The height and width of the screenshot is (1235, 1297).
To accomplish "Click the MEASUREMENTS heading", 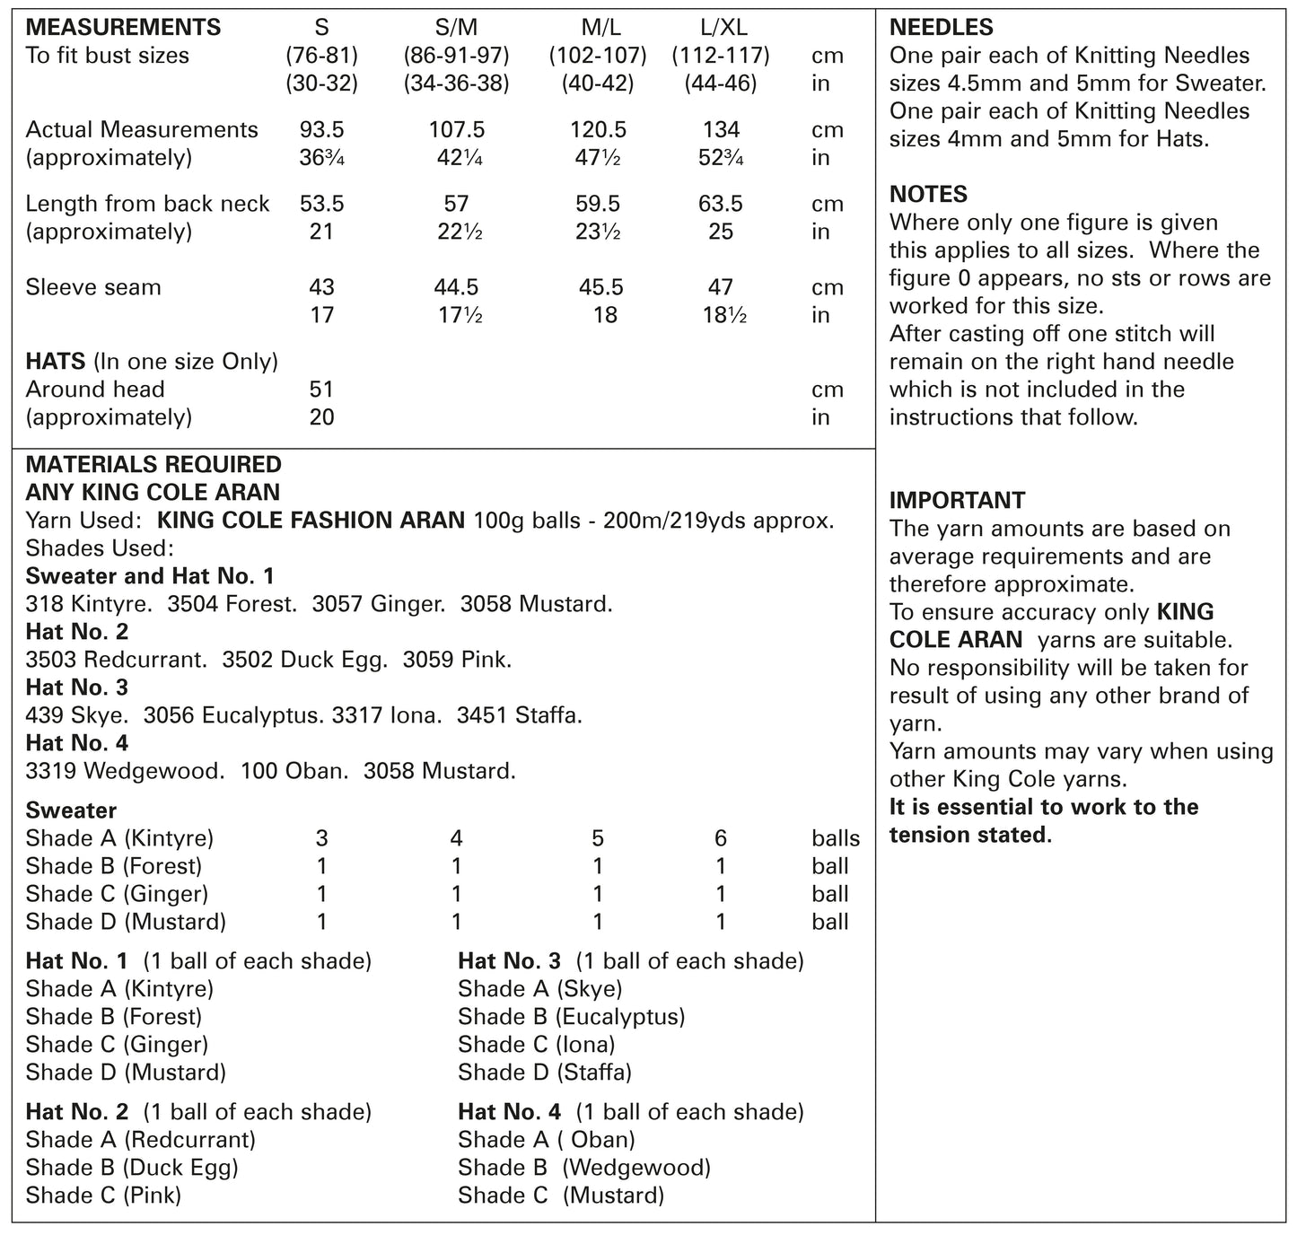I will tap(123, 27).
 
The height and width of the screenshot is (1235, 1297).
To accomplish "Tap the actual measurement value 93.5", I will tap(321, 129).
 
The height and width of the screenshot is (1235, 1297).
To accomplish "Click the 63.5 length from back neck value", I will tap(721, 204).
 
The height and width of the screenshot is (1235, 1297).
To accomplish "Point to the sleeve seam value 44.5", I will tap(456, 287).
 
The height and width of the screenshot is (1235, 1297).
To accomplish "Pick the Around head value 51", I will tap(321, 390).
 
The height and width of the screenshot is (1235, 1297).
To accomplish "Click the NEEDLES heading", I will tap(942, 28).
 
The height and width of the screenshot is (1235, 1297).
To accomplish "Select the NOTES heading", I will tap(928, 195).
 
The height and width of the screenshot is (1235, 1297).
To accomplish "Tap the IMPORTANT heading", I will tap(957, 501).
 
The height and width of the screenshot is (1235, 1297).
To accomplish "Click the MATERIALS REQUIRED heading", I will tap(153, 465).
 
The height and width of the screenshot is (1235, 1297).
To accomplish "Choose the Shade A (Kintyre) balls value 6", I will tap(721, 838).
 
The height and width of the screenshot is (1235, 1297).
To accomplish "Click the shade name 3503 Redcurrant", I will tap(116, 660).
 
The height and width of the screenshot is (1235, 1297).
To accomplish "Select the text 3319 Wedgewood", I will tap(125, 771).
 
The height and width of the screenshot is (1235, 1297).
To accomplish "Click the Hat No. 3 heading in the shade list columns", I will tap(509, 961).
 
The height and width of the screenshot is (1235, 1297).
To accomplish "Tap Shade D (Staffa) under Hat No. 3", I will tap(544, 1073).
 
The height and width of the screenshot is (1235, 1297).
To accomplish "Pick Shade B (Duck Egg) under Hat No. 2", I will tap(132, 1168).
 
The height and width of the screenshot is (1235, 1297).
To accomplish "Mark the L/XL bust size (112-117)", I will tap(721, 56).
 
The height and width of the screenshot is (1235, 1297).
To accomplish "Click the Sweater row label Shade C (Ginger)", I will tap(117, 894).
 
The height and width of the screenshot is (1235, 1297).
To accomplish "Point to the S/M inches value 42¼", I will tap(456, 158).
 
